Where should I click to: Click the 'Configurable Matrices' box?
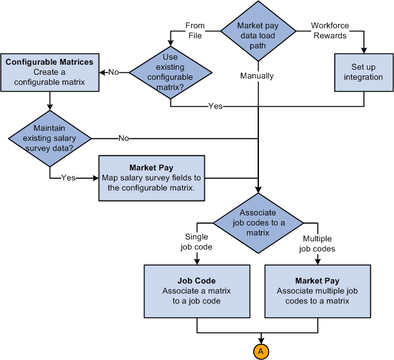pos(50,72)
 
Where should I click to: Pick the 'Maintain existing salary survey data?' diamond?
pos(50,138)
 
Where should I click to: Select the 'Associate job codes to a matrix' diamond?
pos(258,222)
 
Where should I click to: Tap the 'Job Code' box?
pos(197,291)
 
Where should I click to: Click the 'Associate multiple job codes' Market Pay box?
pos(317,291)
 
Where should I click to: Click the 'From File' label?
pos(195,30)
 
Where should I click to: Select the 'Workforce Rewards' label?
pos(330,30)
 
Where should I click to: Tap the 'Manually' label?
pos(257,75)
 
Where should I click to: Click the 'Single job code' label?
pos(197,242)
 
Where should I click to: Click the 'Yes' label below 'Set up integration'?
pos(216,106)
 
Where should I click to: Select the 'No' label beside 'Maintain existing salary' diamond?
pos(124,138)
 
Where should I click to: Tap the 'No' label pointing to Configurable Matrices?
pos(114,72)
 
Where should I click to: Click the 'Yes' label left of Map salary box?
pos(68,178)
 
